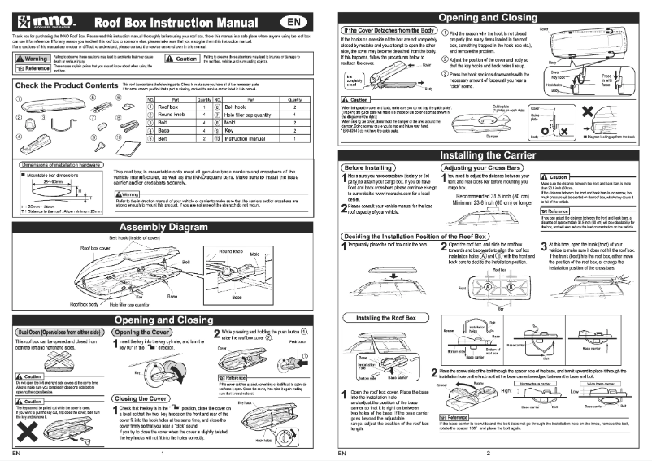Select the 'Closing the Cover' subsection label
(x=136, y=398)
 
